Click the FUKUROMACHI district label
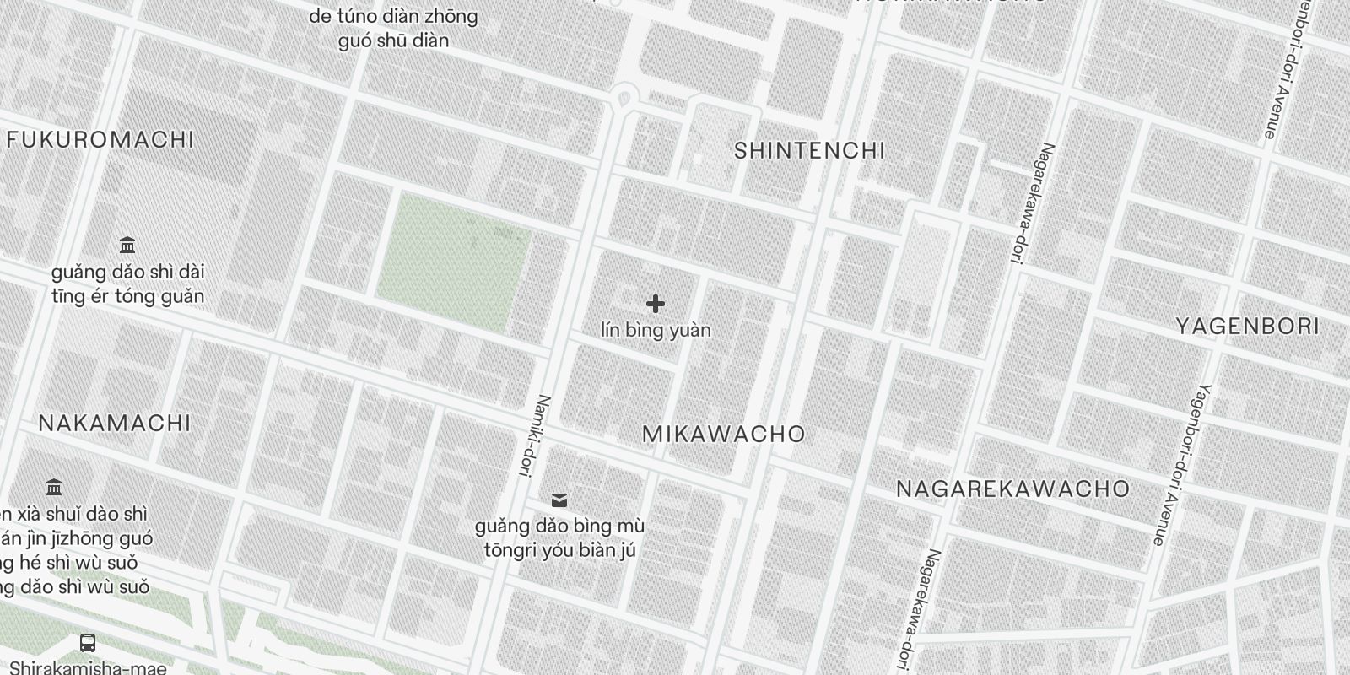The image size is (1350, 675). (x=100, y=139)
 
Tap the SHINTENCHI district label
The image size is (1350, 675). (x=809, y=151)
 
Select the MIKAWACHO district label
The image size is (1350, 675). (x=724, y=435)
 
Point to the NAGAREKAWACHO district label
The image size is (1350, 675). (x=1012, y=489)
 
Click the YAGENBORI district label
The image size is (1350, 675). (x=1247, y=327)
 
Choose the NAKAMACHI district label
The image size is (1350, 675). (x=115, y=423)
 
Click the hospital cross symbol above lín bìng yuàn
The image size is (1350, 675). (x=656, y=304)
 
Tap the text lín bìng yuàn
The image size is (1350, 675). (x=656, y=330)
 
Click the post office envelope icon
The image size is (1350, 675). (x=559, y=501)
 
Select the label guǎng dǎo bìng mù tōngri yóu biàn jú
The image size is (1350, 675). (x=559, y=538)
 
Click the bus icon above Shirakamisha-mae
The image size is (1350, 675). (x=87, y=643)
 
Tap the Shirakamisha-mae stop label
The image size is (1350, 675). (x=89, y=667)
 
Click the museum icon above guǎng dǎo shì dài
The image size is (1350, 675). (x=127, y=246)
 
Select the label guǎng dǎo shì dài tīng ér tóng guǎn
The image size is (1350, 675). (x=127, y=284)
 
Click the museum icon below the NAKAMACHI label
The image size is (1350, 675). (x=55, y=488)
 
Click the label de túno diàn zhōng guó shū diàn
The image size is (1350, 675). (x=393, y=28)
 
